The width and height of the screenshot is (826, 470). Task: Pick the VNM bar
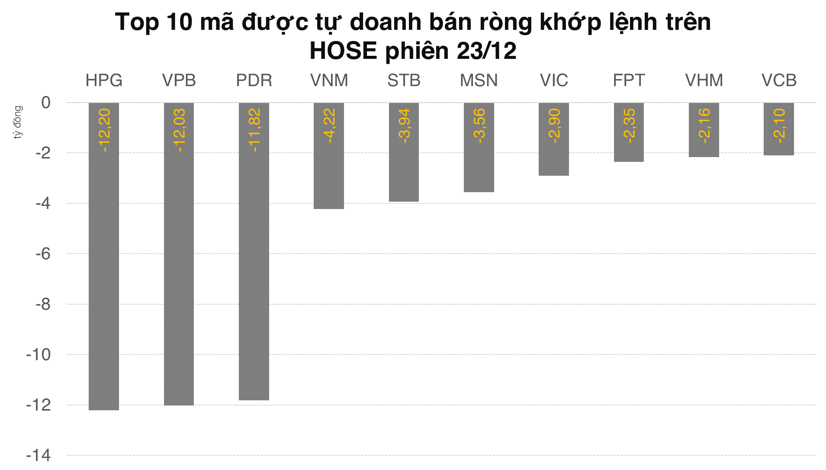click(x=329, y=177)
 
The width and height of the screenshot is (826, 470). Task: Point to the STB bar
click(x=404, y=173)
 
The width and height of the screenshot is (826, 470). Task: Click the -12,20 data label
click(x=104, y=130)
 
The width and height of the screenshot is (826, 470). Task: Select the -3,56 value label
click(x=479, y=126)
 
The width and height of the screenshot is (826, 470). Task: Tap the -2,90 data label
click(x=554, y=126)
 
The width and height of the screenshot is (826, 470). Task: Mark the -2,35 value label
click(x=629, y=126)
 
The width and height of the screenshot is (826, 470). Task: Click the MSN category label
click(x=479, y=80)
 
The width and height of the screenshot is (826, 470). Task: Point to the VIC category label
click(x=554, y=80)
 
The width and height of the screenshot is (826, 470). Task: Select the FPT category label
click(x=629, y=80)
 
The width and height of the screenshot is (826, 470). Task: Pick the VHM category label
click(x=704, y=80)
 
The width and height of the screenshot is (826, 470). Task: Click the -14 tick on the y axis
click(x=39, y=455)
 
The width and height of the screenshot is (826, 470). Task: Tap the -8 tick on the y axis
click(x=43, y=304)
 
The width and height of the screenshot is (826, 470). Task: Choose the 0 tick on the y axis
click(x=46, y=103)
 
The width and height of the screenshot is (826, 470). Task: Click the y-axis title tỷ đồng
click(x=17, y=122)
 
